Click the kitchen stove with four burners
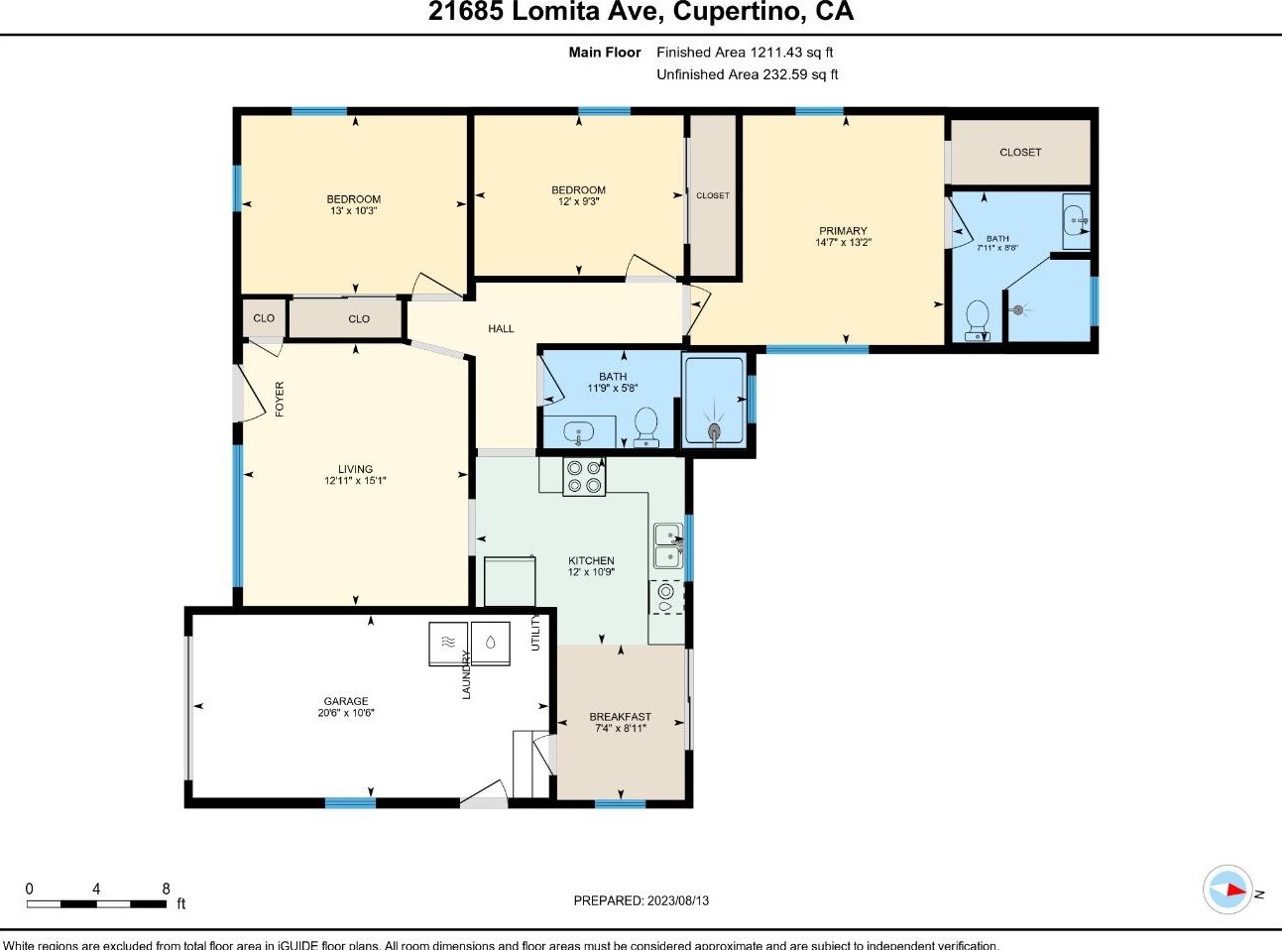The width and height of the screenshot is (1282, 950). click(584, 477)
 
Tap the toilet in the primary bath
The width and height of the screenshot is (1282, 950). click(978, 320)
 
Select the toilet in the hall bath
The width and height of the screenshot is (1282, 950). click(646, 427)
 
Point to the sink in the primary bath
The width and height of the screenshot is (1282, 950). click(1076, 221)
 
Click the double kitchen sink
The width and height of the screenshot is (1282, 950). click(668, 545)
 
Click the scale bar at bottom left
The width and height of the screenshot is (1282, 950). click(96, 903)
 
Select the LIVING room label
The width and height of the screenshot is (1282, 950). click(355, 469)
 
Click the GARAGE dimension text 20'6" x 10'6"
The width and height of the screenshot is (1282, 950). click(346, 713)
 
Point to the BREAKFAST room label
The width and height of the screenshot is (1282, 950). click(621, 716)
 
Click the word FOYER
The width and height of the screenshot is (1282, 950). click(280, 399)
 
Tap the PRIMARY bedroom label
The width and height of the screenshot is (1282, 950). click(843, 231)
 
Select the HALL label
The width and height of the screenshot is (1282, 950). click(501, 328)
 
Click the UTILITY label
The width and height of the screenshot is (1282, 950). click(535, 633)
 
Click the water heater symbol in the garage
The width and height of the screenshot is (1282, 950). click(491, 643)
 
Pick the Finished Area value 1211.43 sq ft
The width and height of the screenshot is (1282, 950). click(792, 52)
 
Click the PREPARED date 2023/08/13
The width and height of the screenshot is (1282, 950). click(678, 900)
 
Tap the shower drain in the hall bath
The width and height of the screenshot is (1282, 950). click(715, 430)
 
